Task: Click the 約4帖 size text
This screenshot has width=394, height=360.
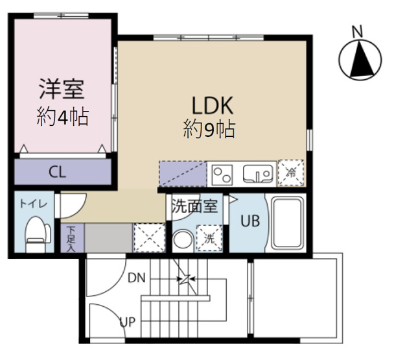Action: [x=62, y=117]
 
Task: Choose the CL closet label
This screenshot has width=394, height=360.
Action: [x=58, y=172]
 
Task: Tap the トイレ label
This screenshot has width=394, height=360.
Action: [x=32, y=203]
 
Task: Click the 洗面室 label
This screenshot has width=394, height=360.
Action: [x=195, y=207]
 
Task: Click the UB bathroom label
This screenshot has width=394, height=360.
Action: [x=250, y=221]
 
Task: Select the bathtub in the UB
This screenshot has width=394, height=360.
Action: [x=287, y=222]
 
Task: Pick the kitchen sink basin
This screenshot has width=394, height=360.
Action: [x=257, y=174]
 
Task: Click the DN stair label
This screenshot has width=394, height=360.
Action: [x=135, y=279]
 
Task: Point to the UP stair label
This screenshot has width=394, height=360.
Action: [x=127, y=320]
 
